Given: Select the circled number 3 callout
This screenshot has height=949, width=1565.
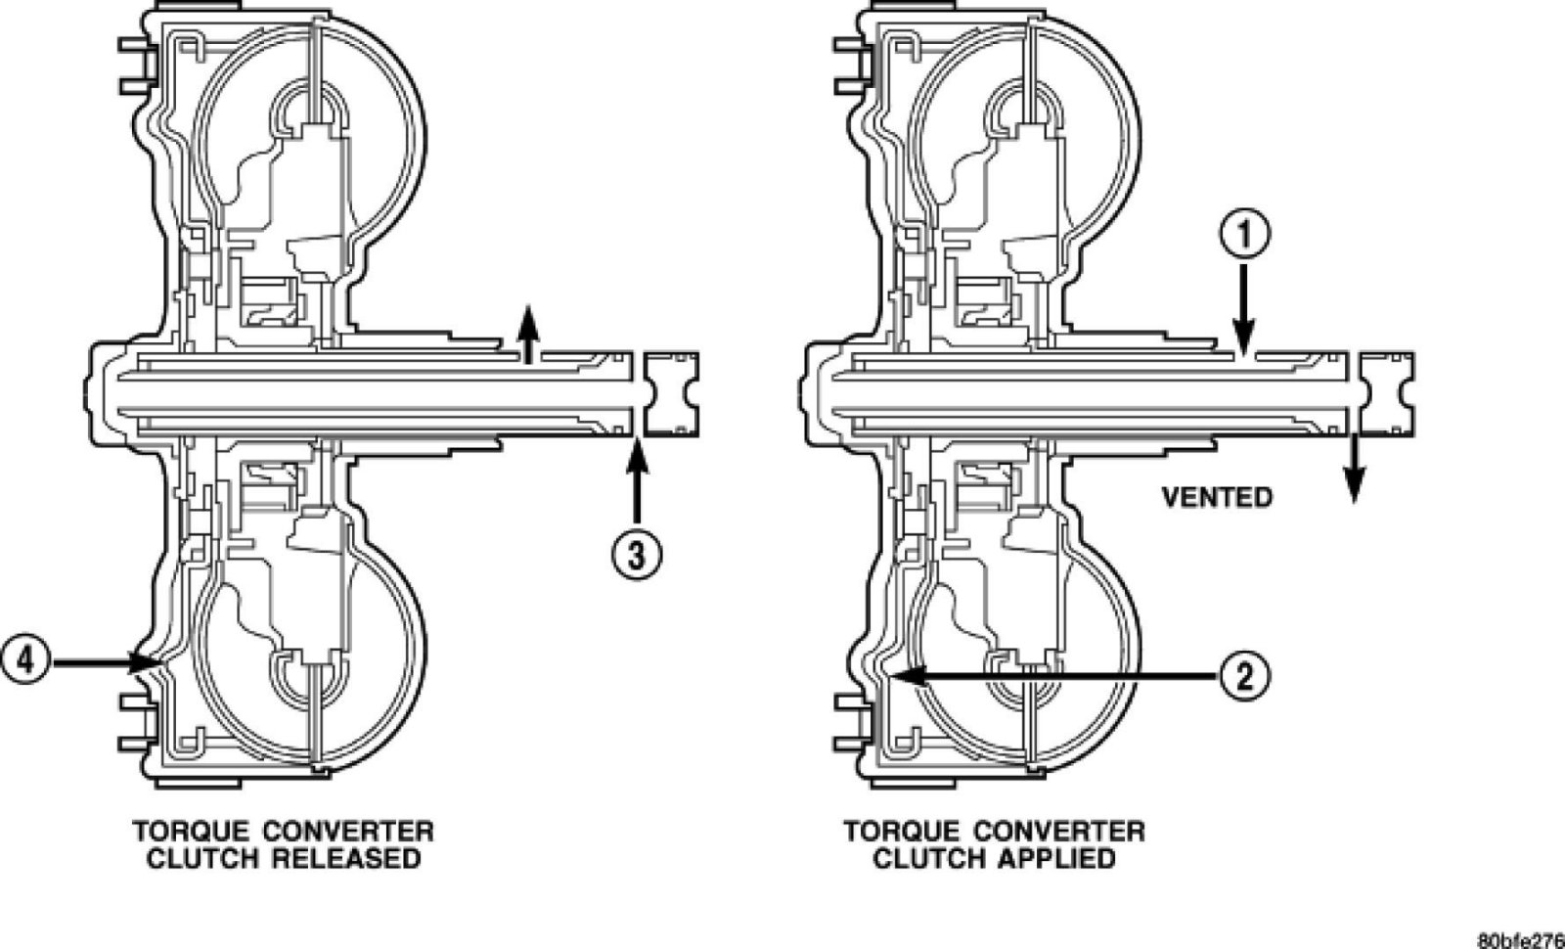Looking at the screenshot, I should (x=637, y=555).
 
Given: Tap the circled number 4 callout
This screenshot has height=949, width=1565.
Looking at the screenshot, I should (x=23, y=661).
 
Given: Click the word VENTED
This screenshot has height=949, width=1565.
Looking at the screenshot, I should (x=1217, y=497).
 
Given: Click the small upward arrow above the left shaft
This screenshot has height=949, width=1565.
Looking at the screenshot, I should (x=528, y=333).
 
